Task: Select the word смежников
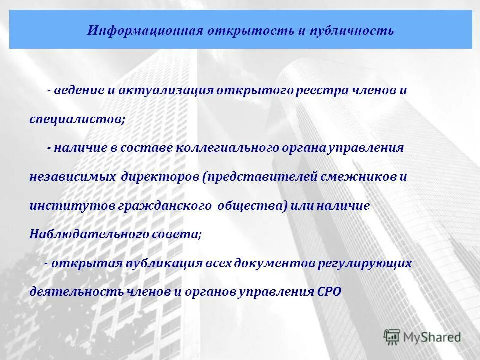click(359, 177)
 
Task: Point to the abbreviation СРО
click(329, 291)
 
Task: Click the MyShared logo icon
click(392, 337)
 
